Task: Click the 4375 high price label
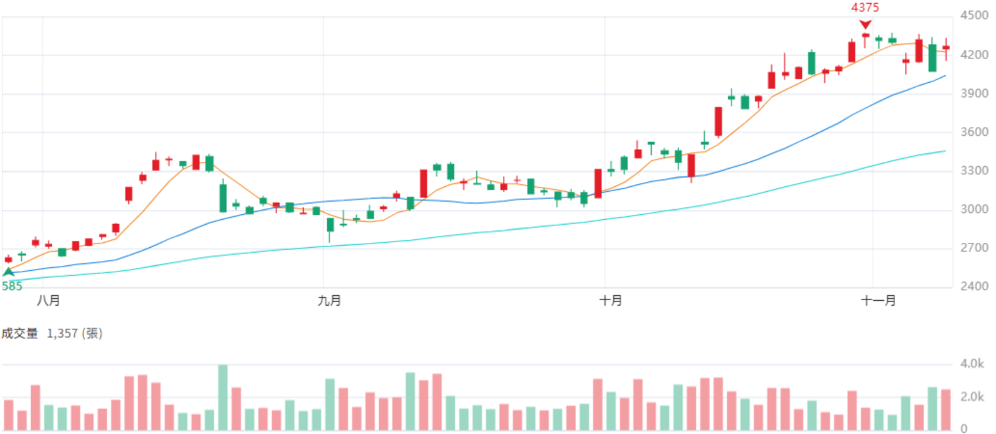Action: [x=865, y=7]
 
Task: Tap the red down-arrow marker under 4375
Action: [x=865, y=24]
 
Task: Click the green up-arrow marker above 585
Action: [x=9, y=271]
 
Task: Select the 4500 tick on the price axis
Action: [x=974, y=16]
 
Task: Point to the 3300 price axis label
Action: [x=974, y=171]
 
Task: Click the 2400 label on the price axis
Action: [x=974, y=286]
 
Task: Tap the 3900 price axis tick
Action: [x=974, y=93]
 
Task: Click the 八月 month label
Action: [x=48, y=301]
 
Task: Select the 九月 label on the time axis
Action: [x=329, y=301]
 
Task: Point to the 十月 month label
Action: [x=611, y=301]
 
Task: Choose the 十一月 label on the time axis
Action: [x=878, y=301]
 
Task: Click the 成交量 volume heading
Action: [x=19, y=334]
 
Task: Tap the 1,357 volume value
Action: [x=62, y=334]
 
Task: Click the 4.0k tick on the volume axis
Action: [x=972, y=364]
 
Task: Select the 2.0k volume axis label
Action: [x=972, y=397]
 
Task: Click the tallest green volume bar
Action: [x=223, y=397]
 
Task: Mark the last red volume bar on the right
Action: [x=946, y=410]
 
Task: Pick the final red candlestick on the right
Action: [x=946, y=48]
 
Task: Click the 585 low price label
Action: [x=12, y=286]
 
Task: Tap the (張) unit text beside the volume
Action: [x=92, y=334]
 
